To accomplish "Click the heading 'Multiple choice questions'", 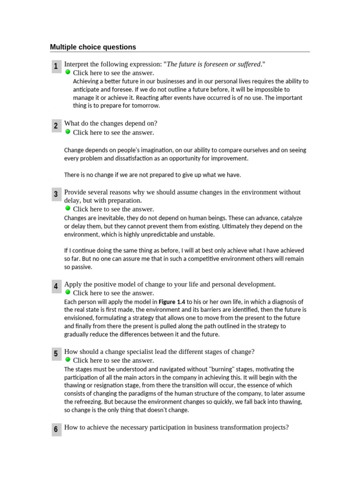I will point(93,47).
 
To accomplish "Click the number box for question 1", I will point(56,67).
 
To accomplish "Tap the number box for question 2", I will point(56,126).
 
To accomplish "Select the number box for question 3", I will point(56,194).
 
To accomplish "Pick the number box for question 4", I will point(56,286).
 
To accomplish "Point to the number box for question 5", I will point(56,354).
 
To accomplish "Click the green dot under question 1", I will point(67,72).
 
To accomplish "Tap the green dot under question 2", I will point(67,132).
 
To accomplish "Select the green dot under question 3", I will point(67,208).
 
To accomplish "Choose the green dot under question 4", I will point(67,292).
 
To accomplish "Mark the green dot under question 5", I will point(67,360).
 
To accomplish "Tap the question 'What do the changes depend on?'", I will point(111,123).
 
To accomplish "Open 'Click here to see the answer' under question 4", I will point(113,293).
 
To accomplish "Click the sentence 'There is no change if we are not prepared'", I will point(152,175).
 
